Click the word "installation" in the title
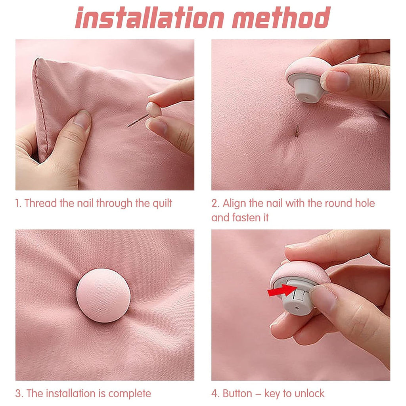coord(149,17)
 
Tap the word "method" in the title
coord(282,17)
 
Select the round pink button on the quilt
coord(103,295)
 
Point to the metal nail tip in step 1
coord(128,126)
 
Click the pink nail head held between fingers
coord(154,109)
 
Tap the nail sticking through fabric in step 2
coord(297,130)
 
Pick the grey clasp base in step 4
coord(298,298)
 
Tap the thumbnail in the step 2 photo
coord(335,80)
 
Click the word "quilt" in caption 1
coord(162,203)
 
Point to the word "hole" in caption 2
coord(365,203)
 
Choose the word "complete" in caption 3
coord(130,394)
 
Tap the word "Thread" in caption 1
coord(41,203)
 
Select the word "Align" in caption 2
coord(234,204)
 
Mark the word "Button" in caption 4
coord(237,394)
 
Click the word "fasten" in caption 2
coord(247,218)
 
